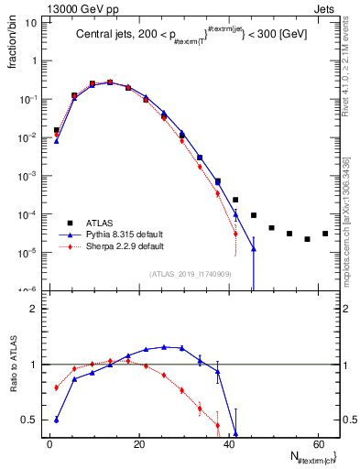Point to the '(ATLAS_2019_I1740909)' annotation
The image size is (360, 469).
(x=191, y=274)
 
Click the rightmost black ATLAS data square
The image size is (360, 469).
(x=324, y=234)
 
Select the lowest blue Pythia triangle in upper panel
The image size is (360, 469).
(x=254, y=248)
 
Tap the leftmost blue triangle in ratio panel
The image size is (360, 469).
(x=57, y=420)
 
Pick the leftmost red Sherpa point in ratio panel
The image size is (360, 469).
(x=57, y=387)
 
